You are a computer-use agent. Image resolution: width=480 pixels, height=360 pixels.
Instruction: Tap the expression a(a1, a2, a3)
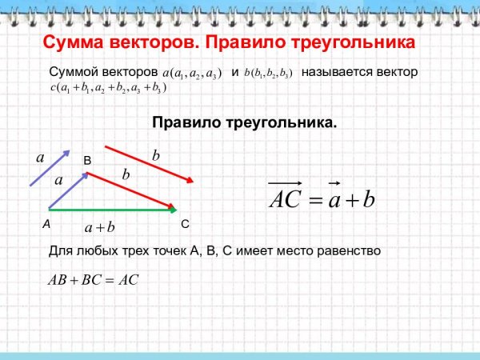[x=192, y=73]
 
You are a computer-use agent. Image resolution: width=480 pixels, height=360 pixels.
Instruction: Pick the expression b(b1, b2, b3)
[x=274, y=73]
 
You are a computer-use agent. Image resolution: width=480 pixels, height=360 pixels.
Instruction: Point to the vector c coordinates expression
[x=108, y=87]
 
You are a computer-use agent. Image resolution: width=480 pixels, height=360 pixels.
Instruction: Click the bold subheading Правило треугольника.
[x=244, y=124]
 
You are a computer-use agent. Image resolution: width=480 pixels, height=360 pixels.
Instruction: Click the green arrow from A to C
[x=112, y=210]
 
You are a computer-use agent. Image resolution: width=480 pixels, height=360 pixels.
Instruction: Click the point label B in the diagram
[x=88, y=162]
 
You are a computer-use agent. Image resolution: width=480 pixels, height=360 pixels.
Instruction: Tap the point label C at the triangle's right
[x=185, y=223]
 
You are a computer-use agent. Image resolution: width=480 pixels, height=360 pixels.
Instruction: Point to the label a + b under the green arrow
[x=100, y=227]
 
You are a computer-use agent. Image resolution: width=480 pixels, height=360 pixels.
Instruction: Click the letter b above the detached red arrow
[x=156, y=154]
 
